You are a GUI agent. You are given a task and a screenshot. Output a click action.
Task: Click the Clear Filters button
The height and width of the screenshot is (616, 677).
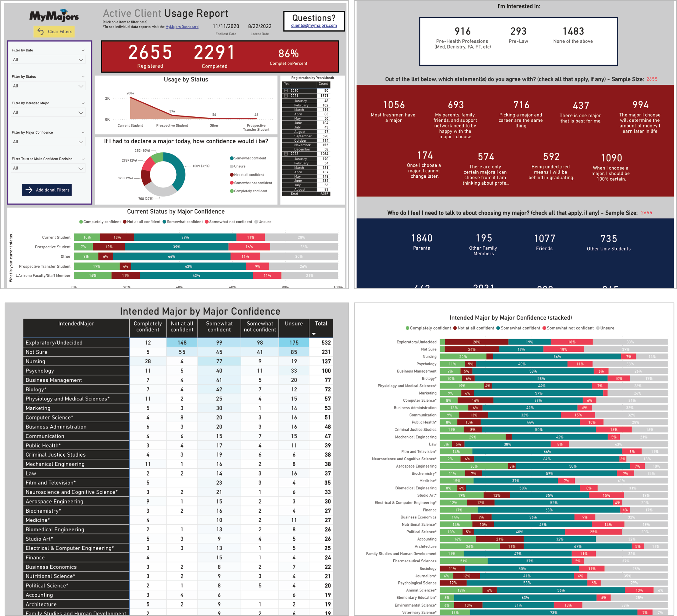(54, 32)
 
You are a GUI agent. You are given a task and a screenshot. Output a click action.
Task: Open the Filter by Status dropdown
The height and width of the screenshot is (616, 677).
(48, 86)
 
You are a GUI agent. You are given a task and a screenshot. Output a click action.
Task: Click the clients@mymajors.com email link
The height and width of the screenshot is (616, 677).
(314, 26)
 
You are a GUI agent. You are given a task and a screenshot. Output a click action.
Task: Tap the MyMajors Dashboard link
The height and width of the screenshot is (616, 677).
(182, 27)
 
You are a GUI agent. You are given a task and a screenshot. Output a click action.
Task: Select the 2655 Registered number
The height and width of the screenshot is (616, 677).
(150, 53)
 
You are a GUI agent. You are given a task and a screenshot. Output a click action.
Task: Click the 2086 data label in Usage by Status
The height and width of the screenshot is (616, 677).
(130, 93)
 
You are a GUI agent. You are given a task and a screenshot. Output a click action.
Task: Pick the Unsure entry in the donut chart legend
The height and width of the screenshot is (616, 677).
(239, 166)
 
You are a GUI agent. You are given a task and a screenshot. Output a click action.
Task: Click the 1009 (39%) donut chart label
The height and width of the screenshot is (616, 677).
(201, 166)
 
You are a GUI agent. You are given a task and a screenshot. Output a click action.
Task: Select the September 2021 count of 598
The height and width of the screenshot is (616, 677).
(325, 136)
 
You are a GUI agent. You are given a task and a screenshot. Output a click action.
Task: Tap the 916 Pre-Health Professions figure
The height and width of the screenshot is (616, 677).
(462, 32)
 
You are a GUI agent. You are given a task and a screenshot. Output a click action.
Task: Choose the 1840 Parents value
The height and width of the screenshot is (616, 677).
(421, 238)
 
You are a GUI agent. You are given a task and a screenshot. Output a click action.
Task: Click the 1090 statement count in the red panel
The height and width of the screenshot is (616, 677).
(611, 158)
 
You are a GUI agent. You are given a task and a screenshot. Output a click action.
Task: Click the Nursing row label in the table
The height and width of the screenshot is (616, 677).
(36, 361)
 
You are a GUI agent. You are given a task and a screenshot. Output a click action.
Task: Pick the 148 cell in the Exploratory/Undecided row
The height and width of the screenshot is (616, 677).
(182, 343)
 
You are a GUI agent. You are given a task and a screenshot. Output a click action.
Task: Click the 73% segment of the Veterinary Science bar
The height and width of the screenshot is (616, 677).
(553, 612)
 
